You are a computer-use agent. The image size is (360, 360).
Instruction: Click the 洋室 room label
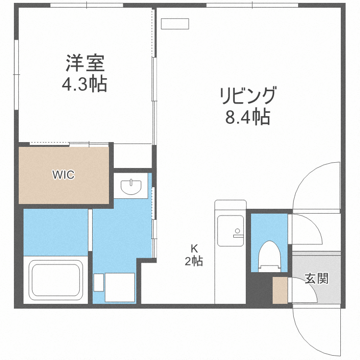(x=85, y=63)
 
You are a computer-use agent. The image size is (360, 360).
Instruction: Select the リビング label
(x=248, y=96)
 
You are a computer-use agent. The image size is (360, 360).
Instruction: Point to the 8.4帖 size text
(x=248, y=117)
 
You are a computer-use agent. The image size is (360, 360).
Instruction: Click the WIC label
(x=63, y=175)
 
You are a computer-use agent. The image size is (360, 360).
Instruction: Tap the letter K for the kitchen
(x=194, y=249)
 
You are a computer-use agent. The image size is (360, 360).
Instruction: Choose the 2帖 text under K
(x=194, y=262)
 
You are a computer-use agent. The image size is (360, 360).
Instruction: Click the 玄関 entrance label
(x=317, y=278)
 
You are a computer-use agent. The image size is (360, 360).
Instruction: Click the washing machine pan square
(x=120, y=287)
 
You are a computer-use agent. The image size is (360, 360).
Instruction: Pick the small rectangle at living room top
(x=175, y=24)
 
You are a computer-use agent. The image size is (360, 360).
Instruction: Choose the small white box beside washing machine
(x=98, y=282)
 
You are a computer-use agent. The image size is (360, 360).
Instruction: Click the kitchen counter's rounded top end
(x=230, y=204)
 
